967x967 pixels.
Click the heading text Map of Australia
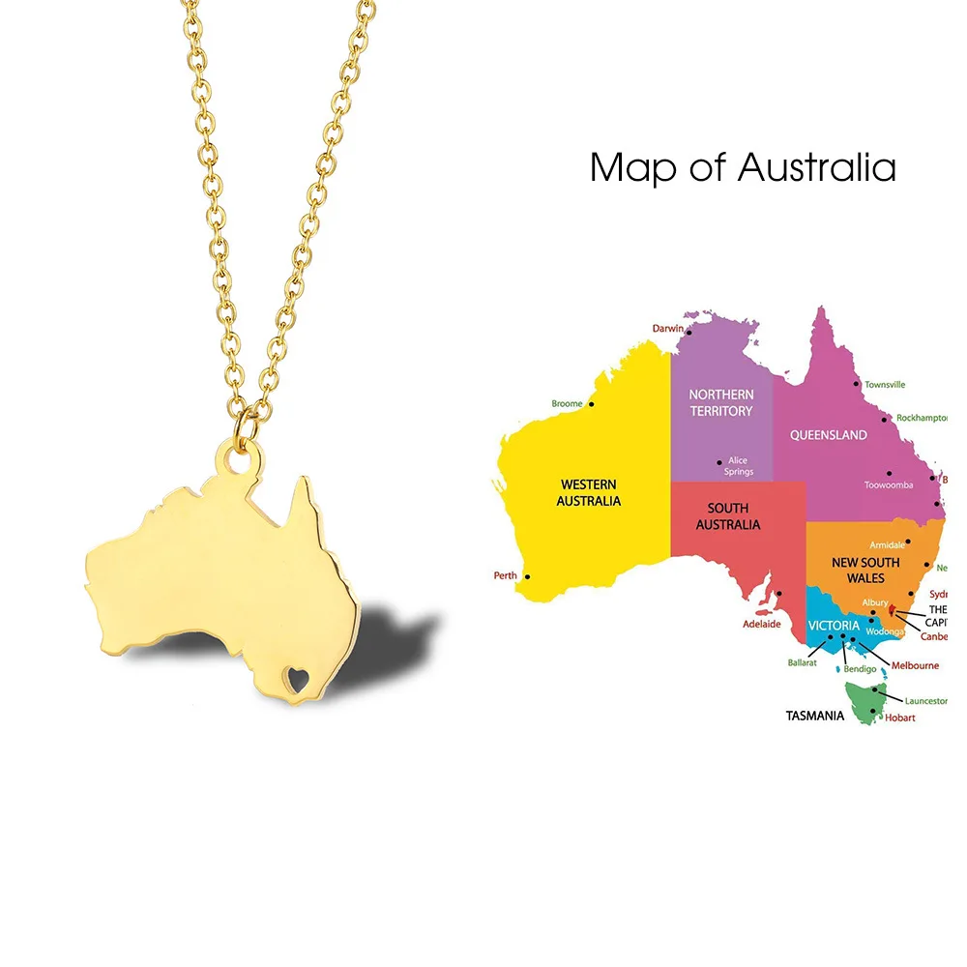point(743,167)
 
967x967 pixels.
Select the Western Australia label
point(588,492)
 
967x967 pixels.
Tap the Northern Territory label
point(720,402)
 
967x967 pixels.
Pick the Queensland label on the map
point(828,435)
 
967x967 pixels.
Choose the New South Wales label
point(865,570)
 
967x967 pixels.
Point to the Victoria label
point(834,626)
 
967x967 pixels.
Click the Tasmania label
point(814,717)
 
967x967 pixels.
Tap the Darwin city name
point(667,329)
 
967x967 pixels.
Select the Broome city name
point(567,403)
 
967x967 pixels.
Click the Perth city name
point(505,575)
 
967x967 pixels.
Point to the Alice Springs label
point(738,466)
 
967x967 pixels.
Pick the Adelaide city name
point(761,624)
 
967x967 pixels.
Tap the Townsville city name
point(885,384)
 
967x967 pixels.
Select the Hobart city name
point(899,718)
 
